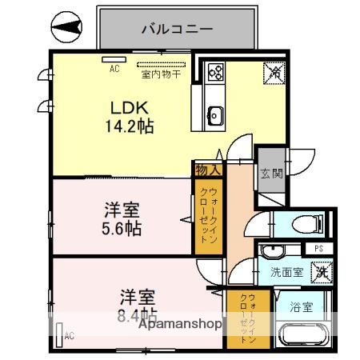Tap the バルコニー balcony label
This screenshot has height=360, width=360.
point(177,29)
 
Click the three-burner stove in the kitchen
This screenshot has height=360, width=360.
point(215,73)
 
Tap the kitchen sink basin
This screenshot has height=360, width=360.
point(215,114)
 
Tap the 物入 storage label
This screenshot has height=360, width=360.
point(208,169)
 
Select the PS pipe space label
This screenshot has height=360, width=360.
point(318,249)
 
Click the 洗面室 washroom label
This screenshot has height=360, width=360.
point(286,272)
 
